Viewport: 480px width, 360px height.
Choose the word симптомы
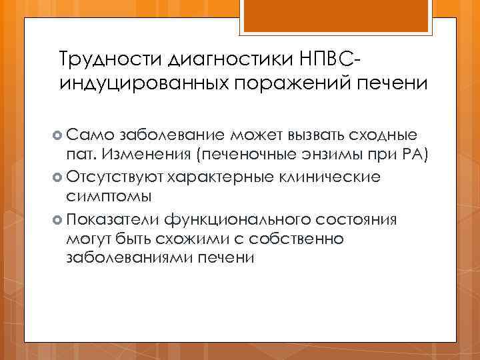coord(109,197)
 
